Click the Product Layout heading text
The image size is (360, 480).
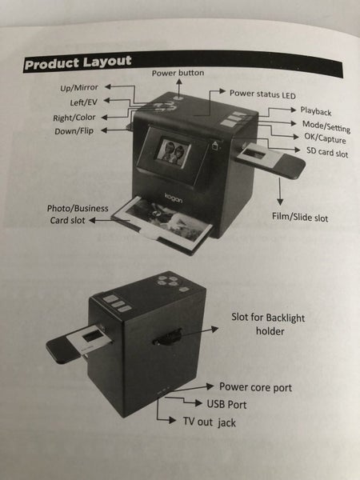[78, 62]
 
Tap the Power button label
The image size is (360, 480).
[178, 73]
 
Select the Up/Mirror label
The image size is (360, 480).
[79, 88]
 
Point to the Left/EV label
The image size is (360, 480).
[83, 102]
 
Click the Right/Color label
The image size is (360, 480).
[74, 118]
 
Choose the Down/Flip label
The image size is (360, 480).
[74, 131]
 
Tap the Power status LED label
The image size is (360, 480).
[262, 94]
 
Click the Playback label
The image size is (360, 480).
[316, 111]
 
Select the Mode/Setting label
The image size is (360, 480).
[326, 126]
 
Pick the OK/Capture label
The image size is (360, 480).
[325, 138]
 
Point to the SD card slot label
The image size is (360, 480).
[327, 151]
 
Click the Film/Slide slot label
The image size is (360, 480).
[300, 217]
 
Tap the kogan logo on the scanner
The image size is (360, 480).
[174, 198]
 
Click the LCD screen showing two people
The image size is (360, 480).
[173, 150]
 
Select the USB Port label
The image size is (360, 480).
[226, 404]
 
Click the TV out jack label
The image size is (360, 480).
[210, 422]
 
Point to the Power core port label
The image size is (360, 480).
[255, 387]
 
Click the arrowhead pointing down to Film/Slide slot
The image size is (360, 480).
[280, 202]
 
